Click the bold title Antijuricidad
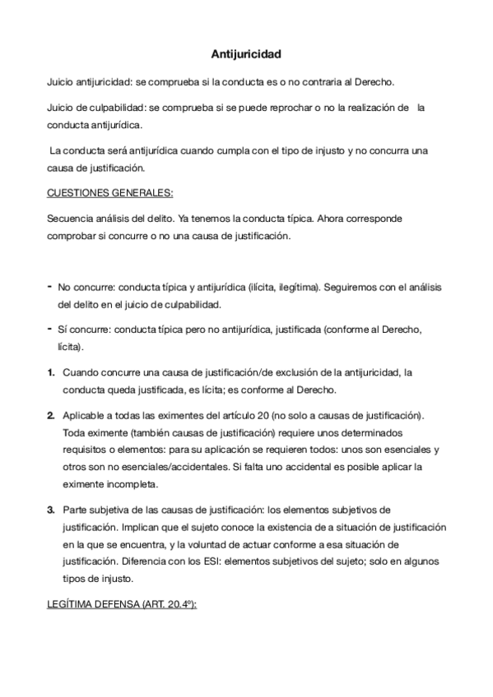[x=246, y=55]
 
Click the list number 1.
[x=51, y=372]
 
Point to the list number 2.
[x=51, y=414]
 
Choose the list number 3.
[x=51, y=510]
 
